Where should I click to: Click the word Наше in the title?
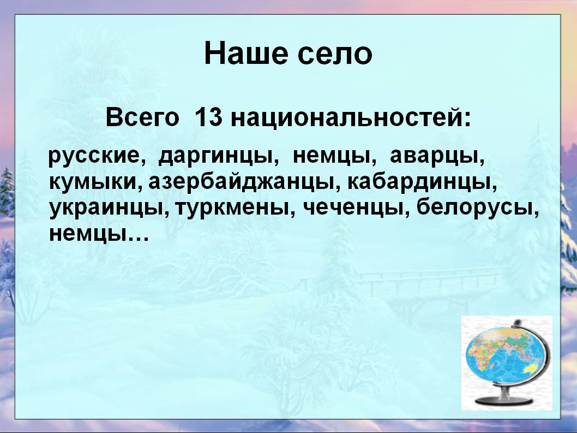click(x=246, y=54)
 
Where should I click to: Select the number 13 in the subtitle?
click(x=209, y=118)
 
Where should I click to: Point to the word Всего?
click(x=142, y=118)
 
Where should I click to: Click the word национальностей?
click(x=351, y=118)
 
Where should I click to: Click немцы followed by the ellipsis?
click(x=86, y=234)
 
